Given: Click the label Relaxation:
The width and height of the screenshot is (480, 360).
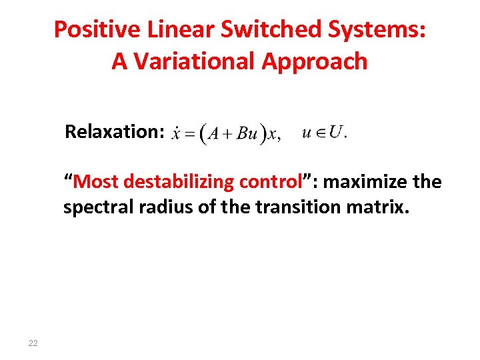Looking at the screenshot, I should (x=114, y=131).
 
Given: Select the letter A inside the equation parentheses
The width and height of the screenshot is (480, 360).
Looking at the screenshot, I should (x=213, y=134).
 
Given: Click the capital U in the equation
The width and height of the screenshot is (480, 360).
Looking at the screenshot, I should (x=337, y=131).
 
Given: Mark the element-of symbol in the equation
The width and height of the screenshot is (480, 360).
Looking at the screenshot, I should (x=319, y=133).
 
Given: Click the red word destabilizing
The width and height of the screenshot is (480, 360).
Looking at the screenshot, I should (x=179, y=181).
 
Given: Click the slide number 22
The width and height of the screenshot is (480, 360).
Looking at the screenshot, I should (x=33, y=343).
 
